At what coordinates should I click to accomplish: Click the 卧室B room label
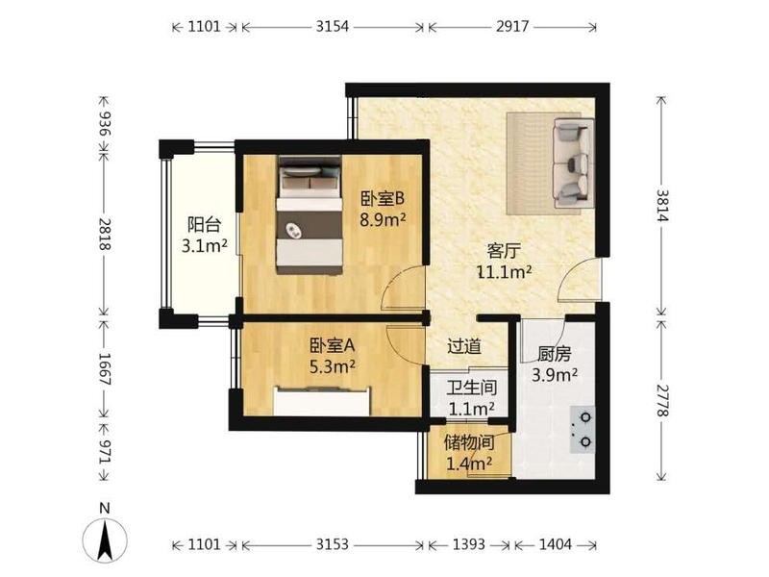click(x=383, y=199)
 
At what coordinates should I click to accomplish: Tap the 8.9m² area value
click(x=383, y=219)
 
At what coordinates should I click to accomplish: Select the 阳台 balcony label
click(x=205, y=225)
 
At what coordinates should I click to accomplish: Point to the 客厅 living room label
click(x=504, y=251)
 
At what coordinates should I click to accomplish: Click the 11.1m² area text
click(x=505, y=271)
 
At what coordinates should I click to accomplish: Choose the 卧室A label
click(x=332, y=346)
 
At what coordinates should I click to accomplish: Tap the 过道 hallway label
click(x=464, y=346)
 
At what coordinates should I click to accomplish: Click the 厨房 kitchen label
click(x=555, y=354)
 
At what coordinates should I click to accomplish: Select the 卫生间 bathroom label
click(x=471, y=388)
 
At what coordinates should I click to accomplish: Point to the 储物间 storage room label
click(x=469, y=442)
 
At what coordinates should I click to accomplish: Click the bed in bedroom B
click(x=309, y=214)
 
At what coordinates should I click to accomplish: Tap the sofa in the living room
click(x=572, y=163)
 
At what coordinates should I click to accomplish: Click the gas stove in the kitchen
click(x=583, y=430)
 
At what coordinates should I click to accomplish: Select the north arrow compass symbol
click(x=105, y=539)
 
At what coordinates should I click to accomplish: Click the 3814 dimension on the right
click(x=661, y=206)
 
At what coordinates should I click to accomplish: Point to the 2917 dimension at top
click(x=512, y=26)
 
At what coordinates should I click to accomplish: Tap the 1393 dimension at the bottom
click(x=468, y=544)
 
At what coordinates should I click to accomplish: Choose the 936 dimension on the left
click(x=105, y=124)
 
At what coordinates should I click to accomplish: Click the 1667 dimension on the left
click(x=105, y=369)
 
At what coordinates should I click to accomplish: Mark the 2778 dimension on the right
click(x=661, y=400)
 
